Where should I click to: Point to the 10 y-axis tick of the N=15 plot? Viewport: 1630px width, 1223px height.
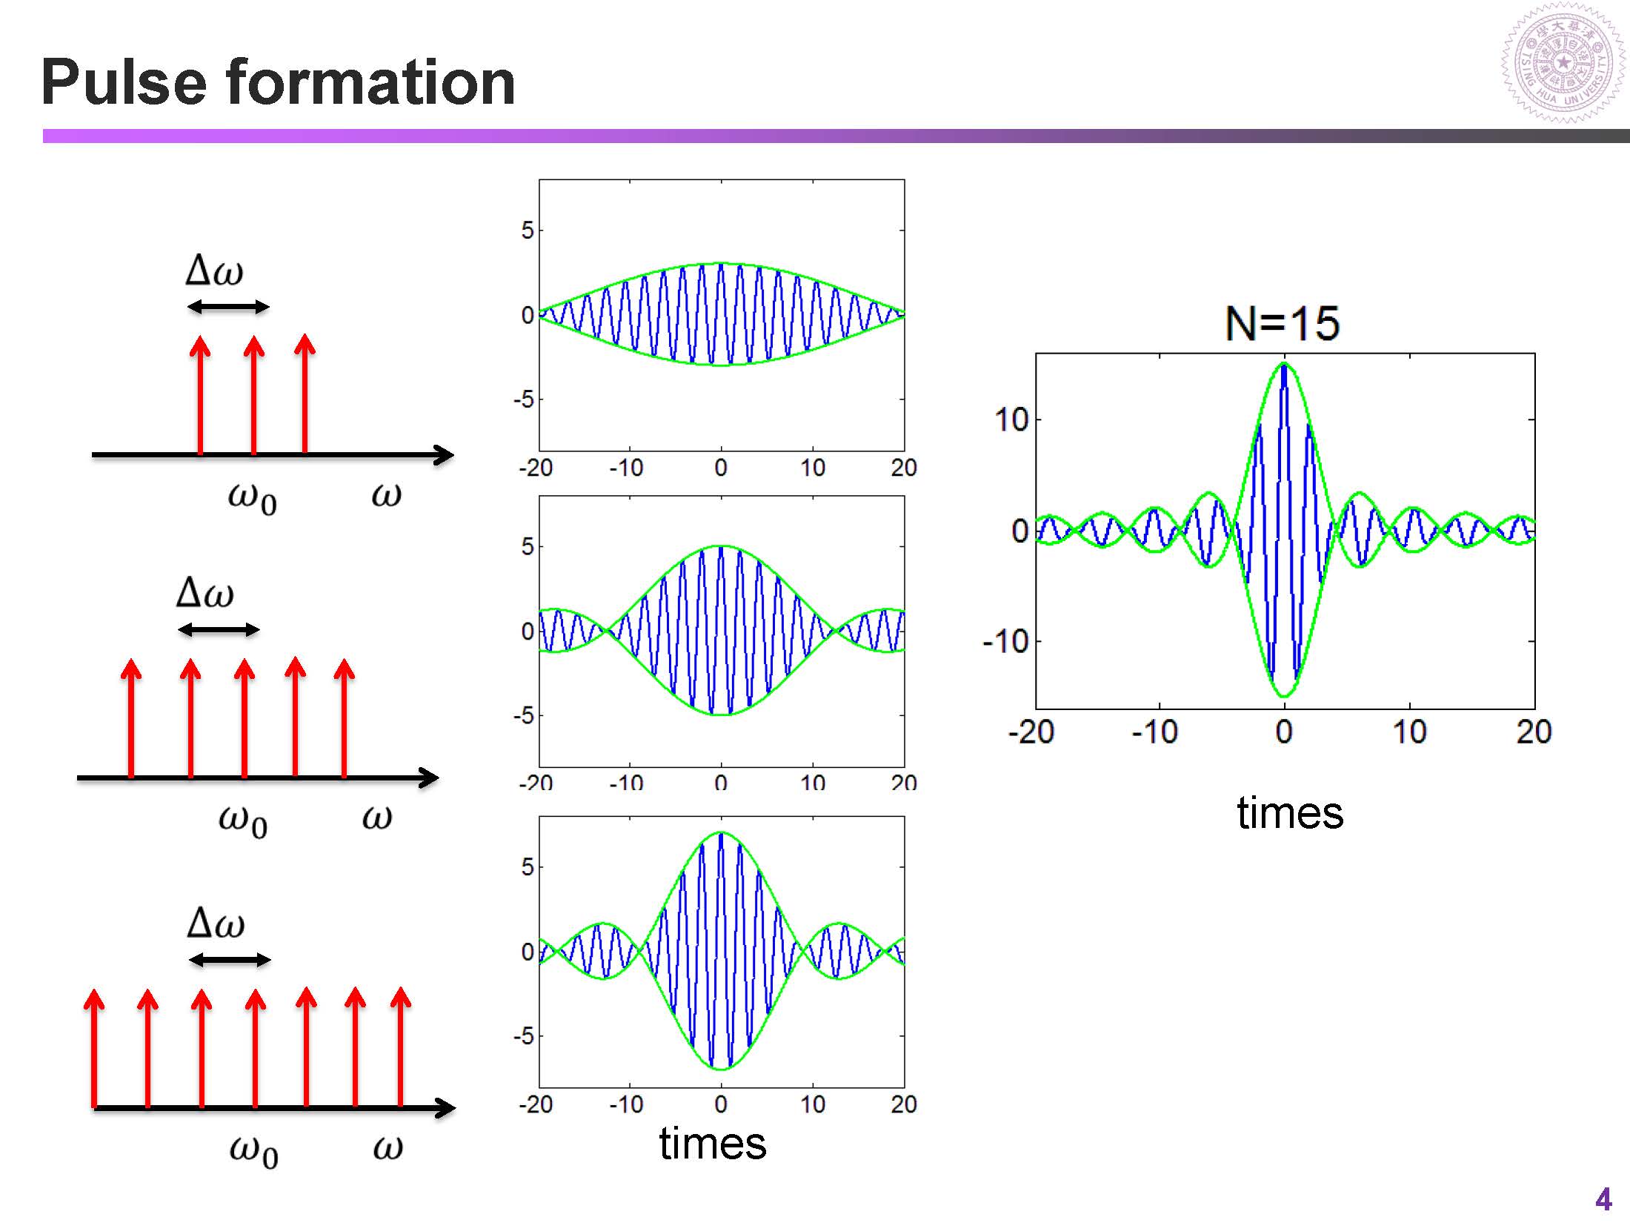pyautogui.click(x=1011, y=420)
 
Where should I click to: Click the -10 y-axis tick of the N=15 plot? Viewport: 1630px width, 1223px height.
pyautogui.click(x=1006, y=641)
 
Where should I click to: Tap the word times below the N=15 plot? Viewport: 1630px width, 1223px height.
pyautogui.click(x=1290, y=813)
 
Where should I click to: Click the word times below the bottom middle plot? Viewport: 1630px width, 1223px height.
pyautogui.click(x=712, y=1144)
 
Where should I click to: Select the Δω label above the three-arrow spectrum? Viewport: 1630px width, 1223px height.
pyautogui.click(x=215, y=270)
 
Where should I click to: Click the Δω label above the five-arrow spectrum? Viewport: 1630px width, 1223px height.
pyautogui.click(x=205, y=593)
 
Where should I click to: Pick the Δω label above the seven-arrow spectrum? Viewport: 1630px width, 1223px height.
pyautogui.click(x=216, y=924)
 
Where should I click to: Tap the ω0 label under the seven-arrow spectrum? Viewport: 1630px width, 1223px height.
pyautogui.click(x=254, y=1150)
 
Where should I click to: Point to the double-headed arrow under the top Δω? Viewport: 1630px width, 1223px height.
pyautogui.click(x=228, y=307)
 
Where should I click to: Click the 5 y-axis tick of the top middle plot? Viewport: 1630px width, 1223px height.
pyautogui.click(x=527, y=231)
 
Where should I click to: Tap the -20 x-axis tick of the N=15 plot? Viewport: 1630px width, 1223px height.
pyautogui.click(x=1031, y=732)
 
